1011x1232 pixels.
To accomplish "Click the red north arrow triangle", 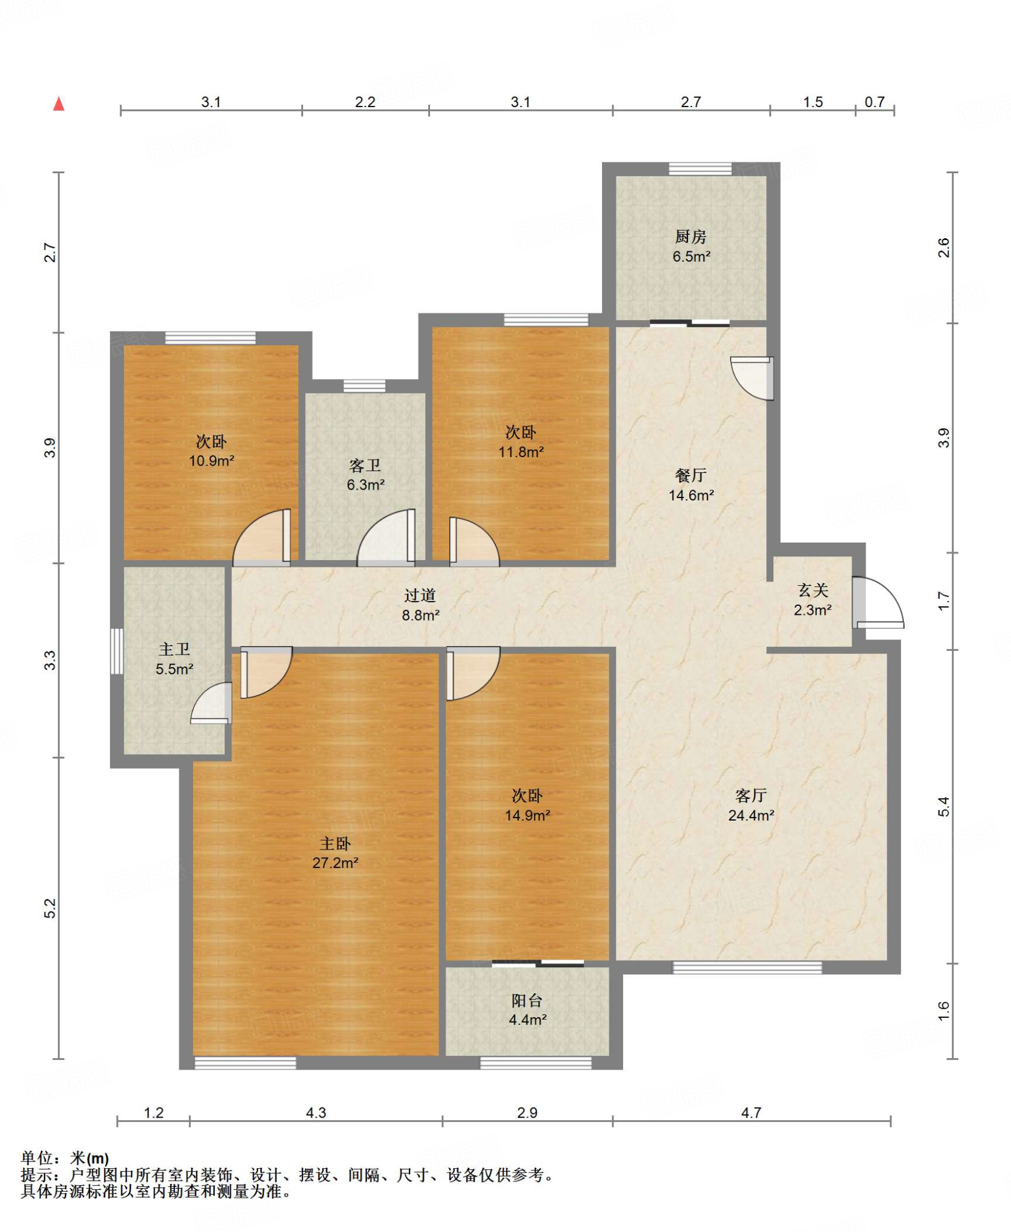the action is (x=58, y=104).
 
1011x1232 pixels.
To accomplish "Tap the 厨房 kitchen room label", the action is (x=690, y=236).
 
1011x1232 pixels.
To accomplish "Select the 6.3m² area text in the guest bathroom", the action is (x=365, y=485).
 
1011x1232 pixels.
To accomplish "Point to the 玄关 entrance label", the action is (x=813, y=590).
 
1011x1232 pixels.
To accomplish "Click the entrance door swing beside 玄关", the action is (x=878, y=602).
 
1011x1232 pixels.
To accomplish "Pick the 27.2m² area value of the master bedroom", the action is (x=335, y=863).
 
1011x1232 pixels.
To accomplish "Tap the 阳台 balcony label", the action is (x=527, y=1000).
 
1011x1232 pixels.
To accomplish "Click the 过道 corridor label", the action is (x=420, y=596).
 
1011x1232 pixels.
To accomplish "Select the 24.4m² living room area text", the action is (x=751, y=815).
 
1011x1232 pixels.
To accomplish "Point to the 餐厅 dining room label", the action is (x=690, y=475).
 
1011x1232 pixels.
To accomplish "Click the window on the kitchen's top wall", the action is (x=700, y=169).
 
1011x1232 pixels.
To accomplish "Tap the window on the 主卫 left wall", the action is (x=117, y=651).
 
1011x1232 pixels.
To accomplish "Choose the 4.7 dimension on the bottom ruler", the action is (x=751, y=1113).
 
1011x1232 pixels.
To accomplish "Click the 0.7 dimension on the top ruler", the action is (x=874, y=102).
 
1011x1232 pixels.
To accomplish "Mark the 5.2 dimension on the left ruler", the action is (x=51, y=908).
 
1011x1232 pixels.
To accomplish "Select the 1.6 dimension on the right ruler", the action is (x=944, y=1011).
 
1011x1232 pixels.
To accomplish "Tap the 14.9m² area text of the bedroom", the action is (x=527, y=815).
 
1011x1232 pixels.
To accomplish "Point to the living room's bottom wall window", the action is (x=747, y=967).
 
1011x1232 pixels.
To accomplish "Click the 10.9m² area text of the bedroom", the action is (x=211, y=461).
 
